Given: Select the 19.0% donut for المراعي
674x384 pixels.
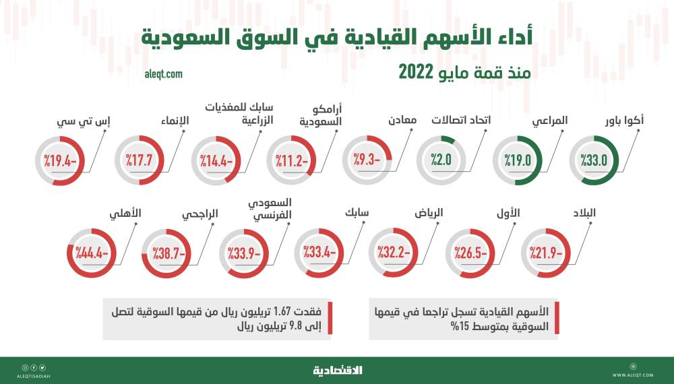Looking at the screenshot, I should pyautogui.click(x=518, y=160).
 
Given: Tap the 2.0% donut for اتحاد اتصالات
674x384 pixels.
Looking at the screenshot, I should pyautogui.click(x=441, y=160).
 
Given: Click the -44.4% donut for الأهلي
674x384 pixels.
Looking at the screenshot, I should pyautogui.click(x=92, y=255).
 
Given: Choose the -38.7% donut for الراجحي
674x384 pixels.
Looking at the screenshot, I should pyautogui.click(x=166, y=255).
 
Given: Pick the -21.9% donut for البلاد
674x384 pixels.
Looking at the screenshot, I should pyautogui.click(x=547, y=255).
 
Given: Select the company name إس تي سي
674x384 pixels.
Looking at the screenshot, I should pyautogui.click(x=75, y=121).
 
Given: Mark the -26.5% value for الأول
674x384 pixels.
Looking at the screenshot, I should pyautogui.click(x=471, y=255).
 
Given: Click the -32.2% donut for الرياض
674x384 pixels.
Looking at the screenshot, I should pyautogui.click(x=394, y=255).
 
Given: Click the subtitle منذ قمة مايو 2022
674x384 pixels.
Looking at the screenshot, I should pyautogui.click(x=464, y=71).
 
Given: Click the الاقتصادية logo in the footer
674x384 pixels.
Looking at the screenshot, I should pyautogui.click(x=337, y=370).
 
